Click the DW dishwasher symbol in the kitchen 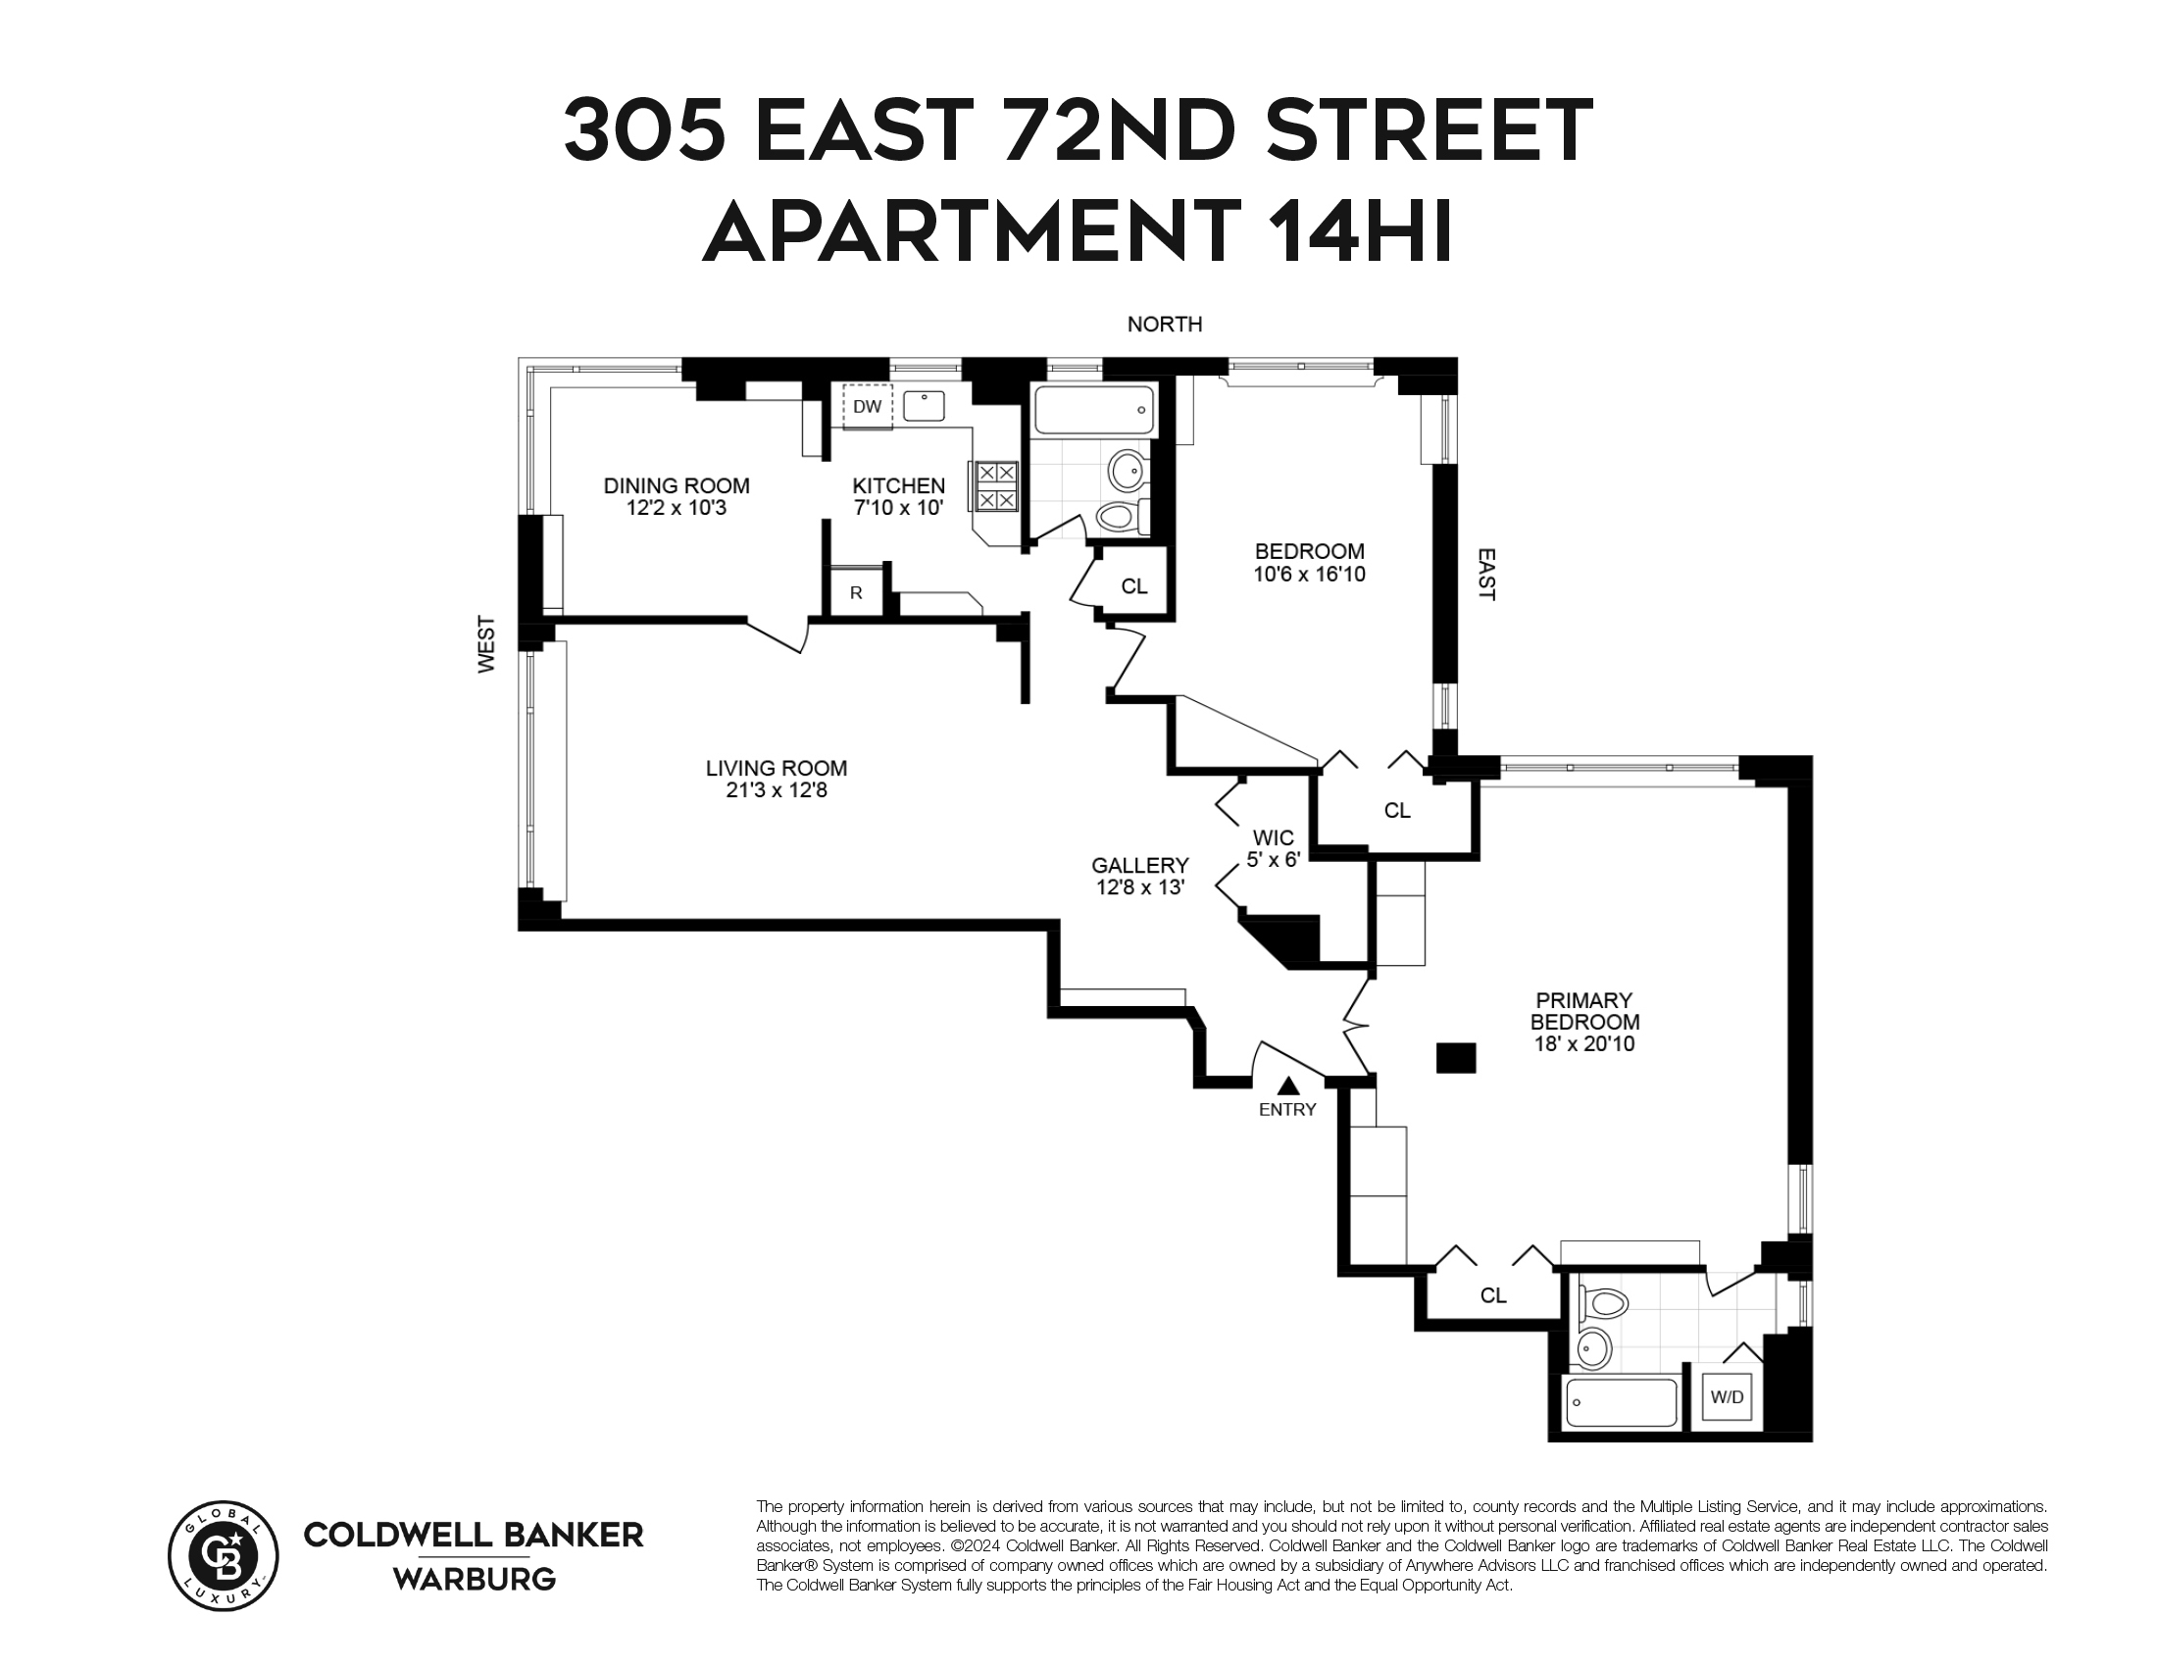point(867,407)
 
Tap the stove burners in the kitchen point(995,485)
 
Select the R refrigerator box point(855,592)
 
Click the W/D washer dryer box point(1727,1397)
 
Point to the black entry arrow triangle point(1287,1086)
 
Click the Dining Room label point(677,485)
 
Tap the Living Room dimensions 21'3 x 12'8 point(776,790)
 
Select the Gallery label point(1139,865)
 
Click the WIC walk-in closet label point(1272,837)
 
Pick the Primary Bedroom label point(1584,1011)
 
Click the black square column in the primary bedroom point(1455,1058)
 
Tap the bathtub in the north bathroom point(1092,411)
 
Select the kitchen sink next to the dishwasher point(924,405)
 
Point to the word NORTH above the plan point(1165,324)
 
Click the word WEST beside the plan point(487,645)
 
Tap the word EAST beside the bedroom point(1485,575)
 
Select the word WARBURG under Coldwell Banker point(475,1579)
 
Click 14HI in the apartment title point(1360,230)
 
